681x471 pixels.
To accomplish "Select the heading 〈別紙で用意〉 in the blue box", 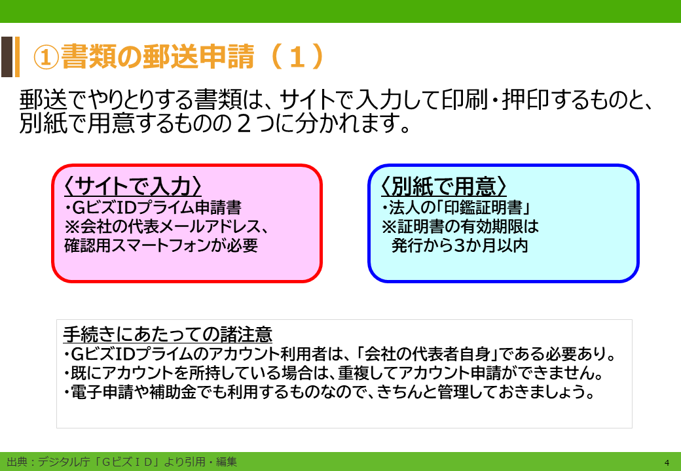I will (x=444, y=187).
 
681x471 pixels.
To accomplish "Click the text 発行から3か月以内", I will (x=460, y=246).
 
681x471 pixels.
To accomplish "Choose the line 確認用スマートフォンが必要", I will (x=160, y=246).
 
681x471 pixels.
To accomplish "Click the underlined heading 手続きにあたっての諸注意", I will (x=168, y=335).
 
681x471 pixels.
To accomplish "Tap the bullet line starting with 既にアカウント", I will (x=333, y=374).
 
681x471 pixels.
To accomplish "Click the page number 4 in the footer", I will (x=667, y=462).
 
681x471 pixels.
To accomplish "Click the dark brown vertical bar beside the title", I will (x=7, y=57).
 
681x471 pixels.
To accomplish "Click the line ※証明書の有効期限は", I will (x=460, y=227).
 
